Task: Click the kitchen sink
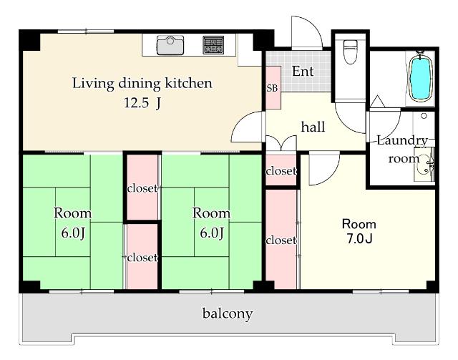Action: (x=170, y=45)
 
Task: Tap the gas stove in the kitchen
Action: (x=213, y=45)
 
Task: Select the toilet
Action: (x=350, y=52)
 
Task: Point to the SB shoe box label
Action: (x=272, y=88)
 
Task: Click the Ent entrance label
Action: (x=303, y=72)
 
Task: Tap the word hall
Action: (x=313, y=127)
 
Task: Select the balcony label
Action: (x=228, y=313)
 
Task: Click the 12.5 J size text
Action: (x=142, y=102)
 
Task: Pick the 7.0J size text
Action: (x=359, y=239)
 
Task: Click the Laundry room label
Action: (x=402, y=150)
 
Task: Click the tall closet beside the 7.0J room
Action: (x=281, y=239)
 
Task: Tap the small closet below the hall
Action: (x=281, y=170)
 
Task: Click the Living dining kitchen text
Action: (x=142, y=84)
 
